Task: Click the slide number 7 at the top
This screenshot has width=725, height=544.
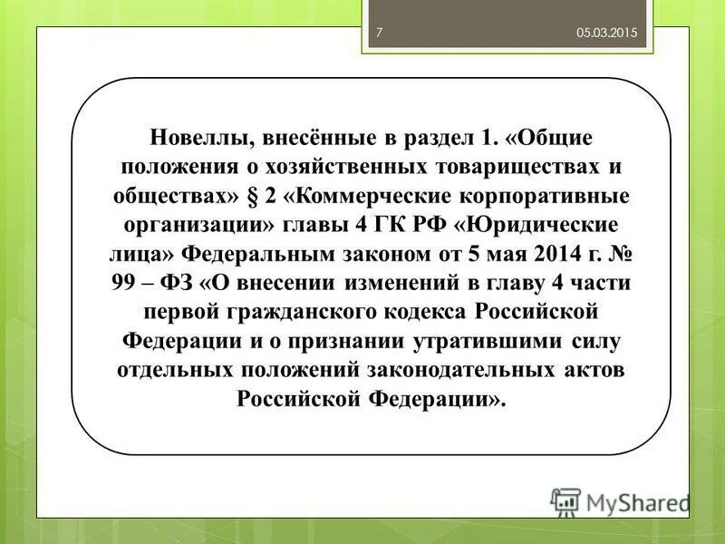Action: point(380,33)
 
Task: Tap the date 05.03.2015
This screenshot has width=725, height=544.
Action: point(607,33)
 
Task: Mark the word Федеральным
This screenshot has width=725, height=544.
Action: point(257,255)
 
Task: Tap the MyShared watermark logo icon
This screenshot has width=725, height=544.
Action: point(565,502)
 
